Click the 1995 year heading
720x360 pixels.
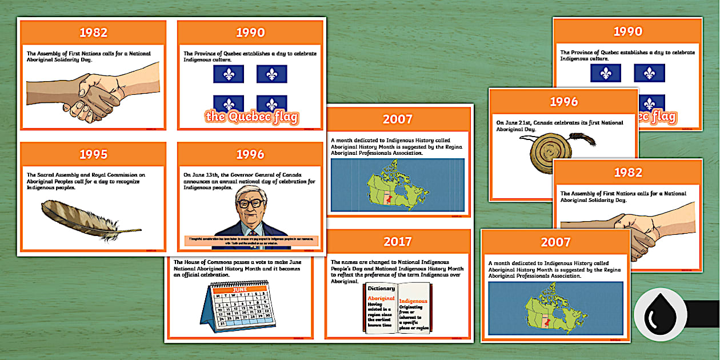point(93,154)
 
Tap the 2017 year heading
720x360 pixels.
point(397,241)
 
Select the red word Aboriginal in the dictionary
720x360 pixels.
point(381,298)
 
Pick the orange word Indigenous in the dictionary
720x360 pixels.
point(413,301)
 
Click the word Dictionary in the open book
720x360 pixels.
point(382,289)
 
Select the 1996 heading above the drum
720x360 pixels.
point(563,102)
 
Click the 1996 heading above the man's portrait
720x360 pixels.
point(250,154)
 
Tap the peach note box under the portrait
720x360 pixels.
point(251,241)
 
